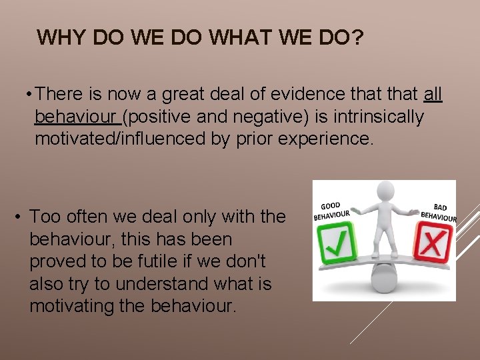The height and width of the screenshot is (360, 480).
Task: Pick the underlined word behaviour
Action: (76, 117)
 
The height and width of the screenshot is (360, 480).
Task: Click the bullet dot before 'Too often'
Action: (21, 217)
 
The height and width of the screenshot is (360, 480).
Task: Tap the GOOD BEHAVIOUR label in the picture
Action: (331, 211)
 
